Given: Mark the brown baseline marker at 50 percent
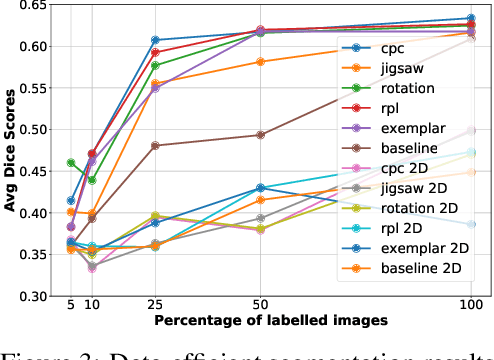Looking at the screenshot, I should click(x=261, y=135).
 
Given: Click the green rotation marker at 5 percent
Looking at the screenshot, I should click(x=71, y=162).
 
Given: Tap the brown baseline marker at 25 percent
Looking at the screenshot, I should click(x=156, y=145).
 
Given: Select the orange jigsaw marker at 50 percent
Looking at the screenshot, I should click(x=261, y=62).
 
